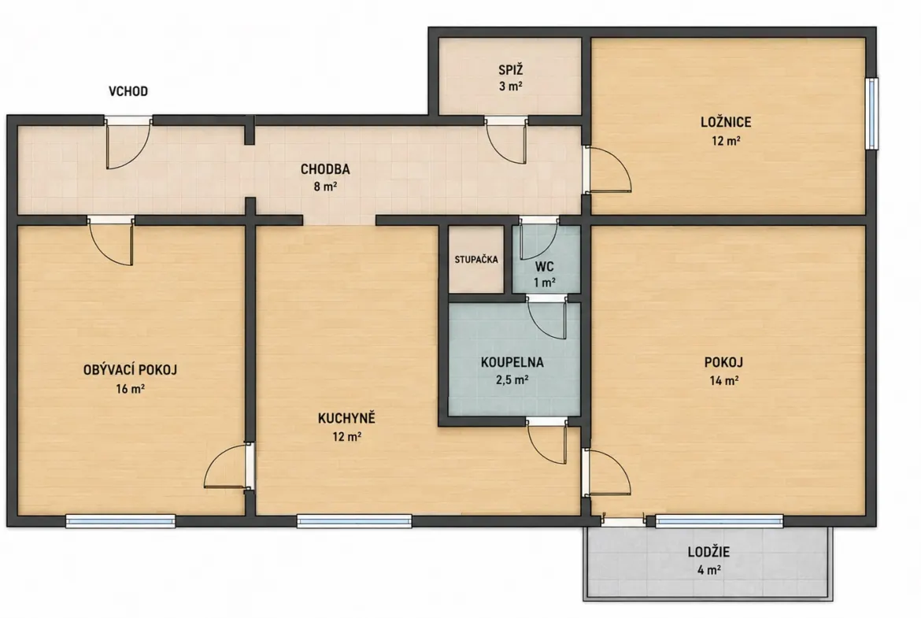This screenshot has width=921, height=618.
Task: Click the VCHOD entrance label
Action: click(128, 91)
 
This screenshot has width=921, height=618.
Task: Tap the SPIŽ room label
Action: click(510, 70)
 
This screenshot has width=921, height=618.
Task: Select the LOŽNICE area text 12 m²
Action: click(726, 141)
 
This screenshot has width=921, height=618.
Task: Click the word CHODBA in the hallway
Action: click(325, 169)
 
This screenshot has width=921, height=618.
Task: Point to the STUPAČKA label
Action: click(475, 259)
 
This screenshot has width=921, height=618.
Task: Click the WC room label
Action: click(544, 267)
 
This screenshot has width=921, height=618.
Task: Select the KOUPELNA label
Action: click(512, 362)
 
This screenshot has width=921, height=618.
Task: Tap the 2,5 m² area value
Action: click(512, 380)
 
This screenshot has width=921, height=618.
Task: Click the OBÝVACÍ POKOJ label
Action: click(130, 370)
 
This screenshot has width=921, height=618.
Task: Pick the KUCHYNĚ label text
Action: click(346, 418)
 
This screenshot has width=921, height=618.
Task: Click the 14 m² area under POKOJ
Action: click(723, 381)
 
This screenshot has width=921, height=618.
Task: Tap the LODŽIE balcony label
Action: click(708, 552)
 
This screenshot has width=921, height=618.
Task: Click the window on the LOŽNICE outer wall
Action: click(872, 114)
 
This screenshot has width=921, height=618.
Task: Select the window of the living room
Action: click(120, 521)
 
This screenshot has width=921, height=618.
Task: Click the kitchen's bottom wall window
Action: click(354, 521)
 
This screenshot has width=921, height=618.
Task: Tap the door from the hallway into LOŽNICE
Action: click(607, 169)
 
